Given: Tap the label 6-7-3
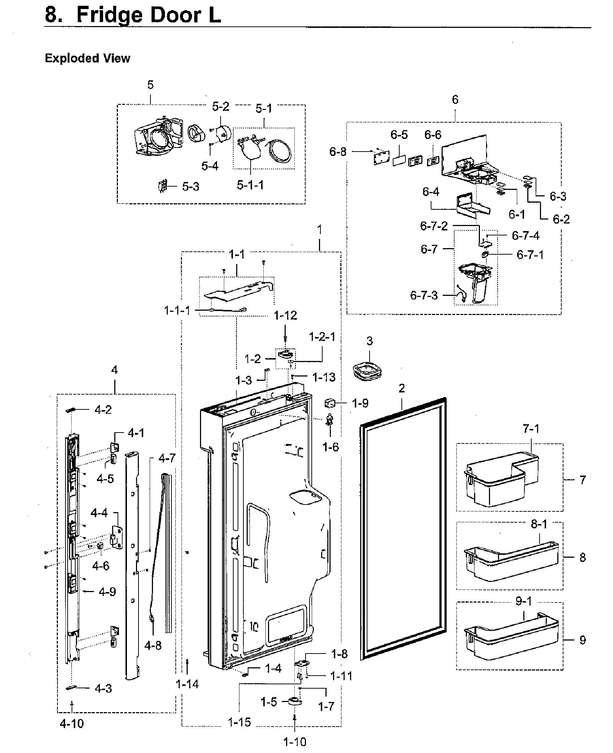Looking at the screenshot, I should pyautogui.click(x=423, y=295).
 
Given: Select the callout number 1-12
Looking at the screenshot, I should pyautogui.click(x=285, y=315).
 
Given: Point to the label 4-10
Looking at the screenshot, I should pyautogui.click(x=72, y=734).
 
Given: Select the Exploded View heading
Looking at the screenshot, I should pyautogui.click(x=87, y=58).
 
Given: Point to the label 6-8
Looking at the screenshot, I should pyautogui.click(x=337, y=152).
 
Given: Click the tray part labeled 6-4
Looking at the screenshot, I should pyautogui.click(x=470, y=206).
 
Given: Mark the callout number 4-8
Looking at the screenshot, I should pyautogui.click(x=153, y=645).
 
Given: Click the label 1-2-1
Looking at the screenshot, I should pyautogui.click(x=322, y=337).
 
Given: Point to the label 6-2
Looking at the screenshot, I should pyautogui.click(x=561, y=219).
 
